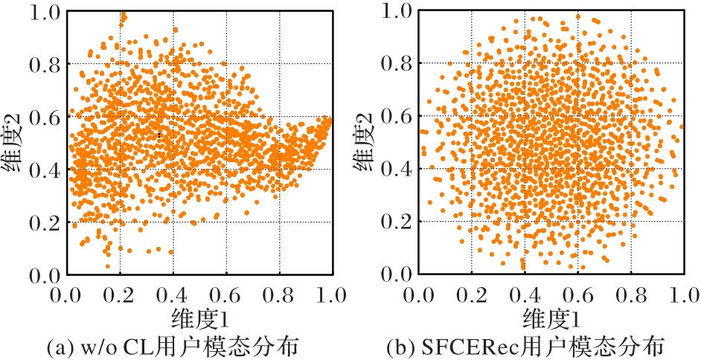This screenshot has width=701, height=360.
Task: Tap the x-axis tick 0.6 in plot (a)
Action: point(226,295)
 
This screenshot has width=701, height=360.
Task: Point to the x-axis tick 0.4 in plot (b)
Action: point(525,295)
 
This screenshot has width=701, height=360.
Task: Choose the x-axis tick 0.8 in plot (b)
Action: point(630,295)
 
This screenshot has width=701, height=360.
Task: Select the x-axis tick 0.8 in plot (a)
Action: point(279,295)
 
